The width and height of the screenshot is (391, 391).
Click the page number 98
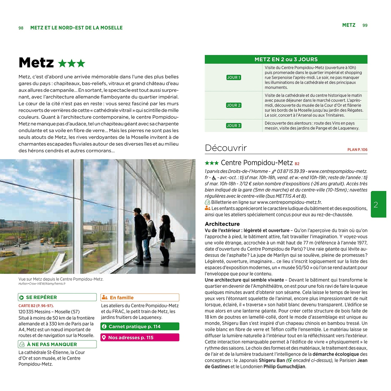(21, 28)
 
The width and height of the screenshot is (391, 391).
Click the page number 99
(365, 25)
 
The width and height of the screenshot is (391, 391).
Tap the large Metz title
(36, 63)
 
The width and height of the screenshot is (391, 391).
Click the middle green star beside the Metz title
(72, 63)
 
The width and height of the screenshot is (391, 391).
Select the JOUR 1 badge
(234, 77)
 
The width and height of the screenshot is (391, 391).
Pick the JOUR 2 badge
(234, 105)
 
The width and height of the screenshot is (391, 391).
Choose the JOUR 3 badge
(234, 126)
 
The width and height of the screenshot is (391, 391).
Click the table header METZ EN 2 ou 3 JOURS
(286, 59)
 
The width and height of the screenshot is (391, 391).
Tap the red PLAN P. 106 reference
(357, 150)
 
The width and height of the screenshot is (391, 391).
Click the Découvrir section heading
(226, 148)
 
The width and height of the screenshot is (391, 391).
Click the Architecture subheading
(222, 224)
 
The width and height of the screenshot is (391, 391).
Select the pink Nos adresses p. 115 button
(140, 338)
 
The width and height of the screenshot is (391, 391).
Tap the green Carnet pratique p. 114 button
(140, 327)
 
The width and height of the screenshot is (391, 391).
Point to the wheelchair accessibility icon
(214, 178)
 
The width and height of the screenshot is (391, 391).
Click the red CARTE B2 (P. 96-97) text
(36, 306)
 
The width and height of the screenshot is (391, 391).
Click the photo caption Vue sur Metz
(61, 279)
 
